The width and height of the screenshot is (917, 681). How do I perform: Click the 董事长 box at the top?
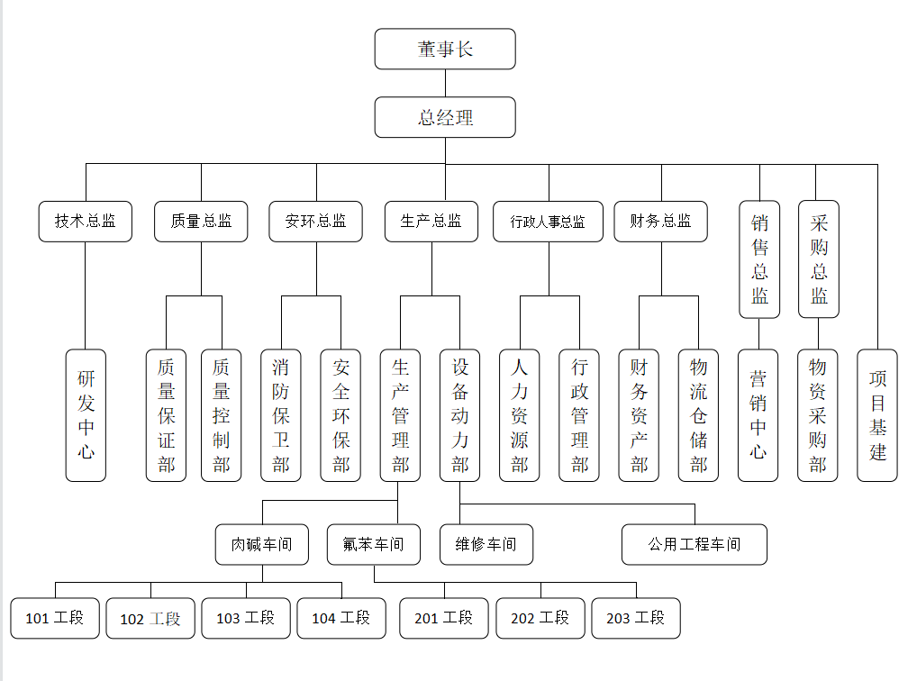[445, 50]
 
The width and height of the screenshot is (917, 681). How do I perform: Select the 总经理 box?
[445, 118]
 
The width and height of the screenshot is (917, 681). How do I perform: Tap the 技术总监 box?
[86, 222]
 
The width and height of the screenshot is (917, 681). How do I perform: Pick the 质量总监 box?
[201, 222]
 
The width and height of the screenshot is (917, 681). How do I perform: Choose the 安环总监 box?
[316, 222]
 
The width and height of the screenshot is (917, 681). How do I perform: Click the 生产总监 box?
[431, 222]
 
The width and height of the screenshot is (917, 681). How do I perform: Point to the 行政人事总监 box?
[548, 222]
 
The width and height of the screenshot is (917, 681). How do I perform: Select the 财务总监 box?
[661, 222]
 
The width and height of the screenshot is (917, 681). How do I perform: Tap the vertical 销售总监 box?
[759, 259]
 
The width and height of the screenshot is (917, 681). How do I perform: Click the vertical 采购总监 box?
[819, 259]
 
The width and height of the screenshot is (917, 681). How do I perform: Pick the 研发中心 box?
[86, 415]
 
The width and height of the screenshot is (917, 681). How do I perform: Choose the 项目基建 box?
[877, 415]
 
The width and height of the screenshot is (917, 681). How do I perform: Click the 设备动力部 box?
[459, 415]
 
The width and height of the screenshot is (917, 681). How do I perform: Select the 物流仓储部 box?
[698, 415]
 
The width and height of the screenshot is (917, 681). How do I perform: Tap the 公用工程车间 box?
[695, 545]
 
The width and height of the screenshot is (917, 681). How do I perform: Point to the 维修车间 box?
[486, 545]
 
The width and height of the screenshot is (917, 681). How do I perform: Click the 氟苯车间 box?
[374, 545]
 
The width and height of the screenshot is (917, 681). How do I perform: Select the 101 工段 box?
[55, 619]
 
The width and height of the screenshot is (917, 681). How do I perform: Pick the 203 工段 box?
[636, 619]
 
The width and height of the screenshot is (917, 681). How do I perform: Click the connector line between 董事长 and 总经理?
[445, 83]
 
